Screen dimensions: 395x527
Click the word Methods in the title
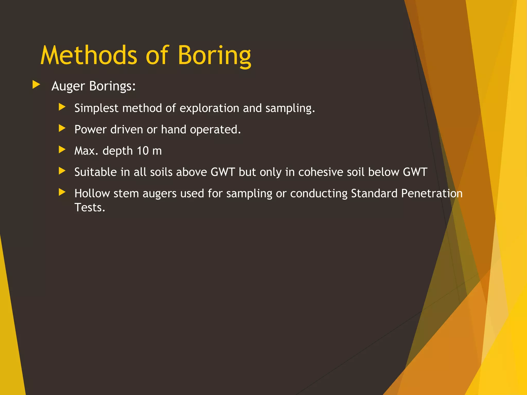pyautogui.click(x=89, y=55)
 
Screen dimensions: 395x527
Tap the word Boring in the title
pyautogui.click(x=214, y=55)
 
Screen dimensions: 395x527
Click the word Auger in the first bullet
pyautogui.click(x=68, y=86)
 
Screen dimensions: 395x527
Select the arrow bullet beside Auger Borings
pyautogui.click(x=36, y=85)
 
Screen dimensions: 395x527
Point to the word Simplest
pyautogui.click(x=96, y=108)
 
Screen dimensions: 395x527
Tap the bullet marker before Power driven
pyautogui.click(x=62, y=128)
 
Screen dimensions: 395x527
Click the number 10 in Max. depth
pyautogui.click(x=143, y=151)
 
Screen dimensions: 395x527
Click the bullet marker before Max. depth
pyautogui.click(x=62, y=149)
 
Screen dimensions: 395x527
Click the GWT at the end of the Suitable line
pyautogui.click(x=415, y=172)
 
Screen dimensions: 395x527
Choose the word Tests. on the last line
pyautogui.click(x=90, y=208)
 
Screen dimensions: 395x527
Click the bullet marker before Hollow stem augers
pyautogui.click(x=62, y=192)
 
